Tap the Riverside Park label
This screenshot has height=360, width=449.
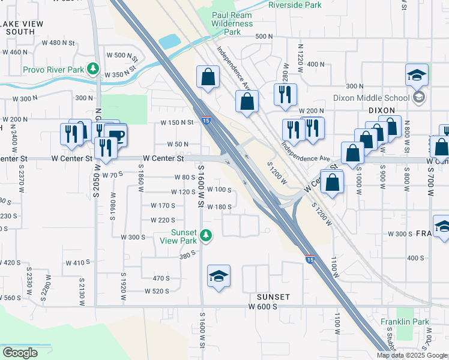click(295, 5)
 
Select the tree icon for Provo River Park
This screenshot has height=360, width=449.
click(92, 69)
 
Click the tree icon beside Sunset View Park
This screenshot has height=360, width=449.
click(206, 235)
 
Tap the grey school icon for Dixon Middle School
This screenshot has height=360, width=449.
click(419, 97)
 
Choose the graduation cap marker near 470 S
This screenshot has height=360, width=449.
click(218, 275)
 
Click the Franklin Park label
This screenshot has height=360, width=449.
click(405, 322)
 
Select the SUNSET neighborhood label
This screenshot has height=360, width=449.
click(273, 297)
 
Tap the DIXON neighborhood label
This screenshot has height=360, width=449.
click(382, 110)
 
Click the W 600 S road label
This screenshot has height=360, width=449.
click(263, 307)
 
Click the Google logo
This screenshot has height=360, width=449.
click(20, 353)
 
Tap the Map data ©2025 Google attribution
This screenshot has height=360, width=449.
click(412, 355)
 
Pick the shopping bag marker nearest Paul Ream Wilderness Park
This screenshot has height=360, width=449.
click(208, 76)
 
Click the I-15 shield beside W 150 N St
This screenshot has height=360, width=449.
click(205, 120)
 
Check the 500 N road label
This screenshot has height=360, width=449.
click(264, 37)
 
